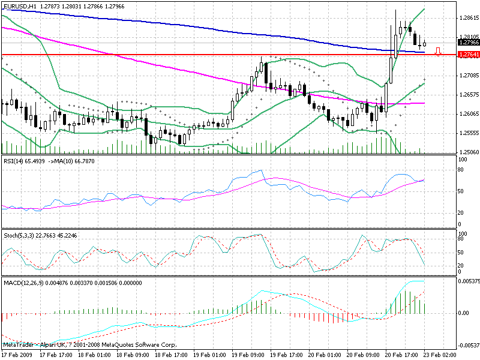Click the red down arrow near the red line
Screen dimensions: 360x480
438,52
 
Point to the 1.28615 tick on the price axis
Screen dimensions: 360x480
467,18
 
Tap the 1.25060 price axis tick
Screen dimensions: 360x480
467,152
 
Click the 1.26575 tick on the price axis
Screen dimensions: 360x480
467,95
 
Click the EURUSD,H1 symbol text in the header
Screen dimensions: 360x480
19,6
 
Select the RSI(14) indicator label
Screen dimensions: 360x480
14,161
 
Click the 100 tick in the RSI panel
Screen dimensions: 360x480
462,160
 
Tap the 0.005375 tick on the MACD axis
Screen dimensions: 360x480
467,281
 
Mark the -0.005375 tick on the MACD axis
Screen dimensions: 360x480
467,345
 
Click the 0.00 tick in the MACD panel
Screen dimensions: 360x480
463,313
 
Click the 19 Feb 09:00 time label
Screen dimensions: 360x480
250,355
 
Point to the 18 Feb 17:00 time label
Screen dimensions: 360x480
172,355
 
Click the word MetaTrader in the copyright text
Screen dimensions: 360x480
19,345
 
